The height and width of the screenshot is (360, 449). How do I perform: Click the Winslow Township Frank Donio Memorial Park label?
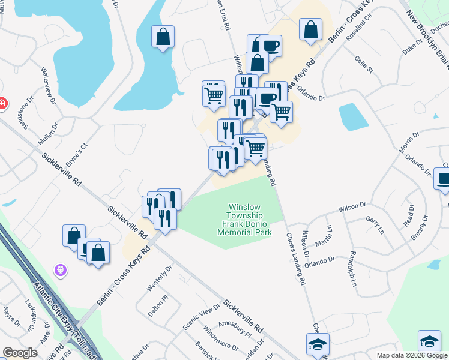(249, 220)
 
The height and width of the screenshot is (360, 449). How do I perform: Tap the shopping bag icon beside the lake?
(163, 37)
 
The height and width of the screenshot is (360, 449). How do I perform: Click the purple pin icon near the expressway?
(60, 271)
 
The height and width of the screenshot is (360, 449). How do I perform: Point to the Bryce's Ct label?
(77, 155)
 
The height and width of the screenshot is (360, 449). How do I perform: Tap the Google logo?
(20, 353)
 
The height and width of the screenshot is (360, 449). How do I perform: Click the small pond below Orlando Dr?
(353, 116)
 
